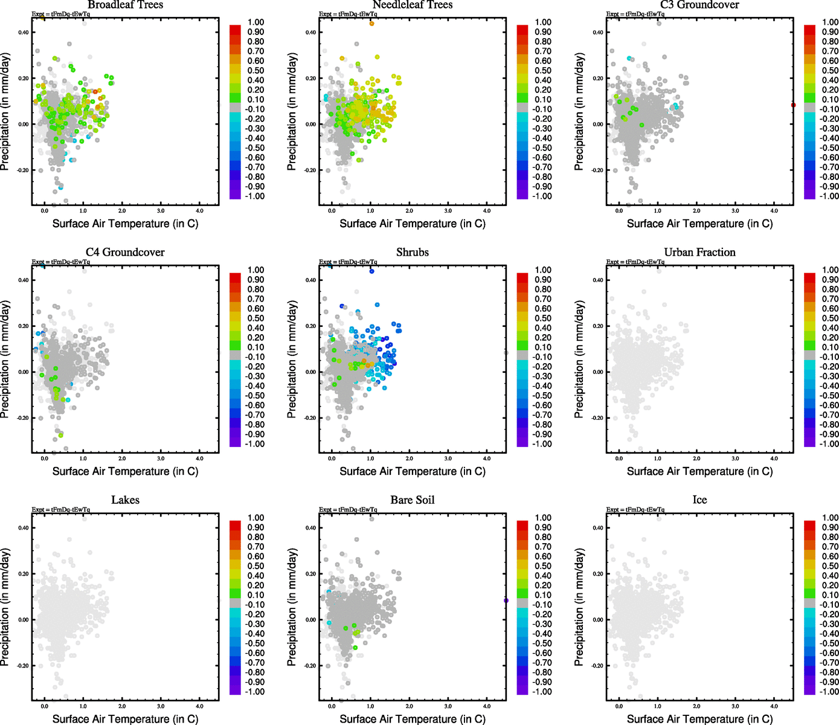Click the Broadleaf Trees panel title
[125, 5]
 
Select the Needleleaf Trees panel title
[413, 5]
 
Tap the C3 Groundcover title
[699, 5]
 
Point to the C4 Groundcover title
[125, 253]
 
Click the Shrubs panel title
[413, 253]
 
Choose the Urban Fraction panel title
[699, 253]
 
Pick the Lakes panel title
[125, 500]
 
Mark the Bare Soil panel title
[413, 500]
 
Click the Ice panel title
[699, 500]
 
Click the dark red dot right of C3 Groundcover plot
[793, 105]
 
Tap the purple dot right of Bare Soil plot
[506, 601]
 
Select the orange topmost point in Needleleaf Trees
[371, 24]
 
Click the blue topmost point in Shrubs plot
[371, 271]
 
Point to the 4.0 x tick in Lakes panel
[200, 706]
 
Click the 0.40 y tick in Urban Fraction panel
[598, 280]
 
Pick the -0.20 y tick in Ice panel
[597, 666]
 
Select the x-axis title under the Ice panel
[699, 719]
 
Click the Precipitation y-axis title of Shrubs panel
[292, 359]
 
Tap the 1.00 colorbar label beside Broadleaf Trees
[256, 22]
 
